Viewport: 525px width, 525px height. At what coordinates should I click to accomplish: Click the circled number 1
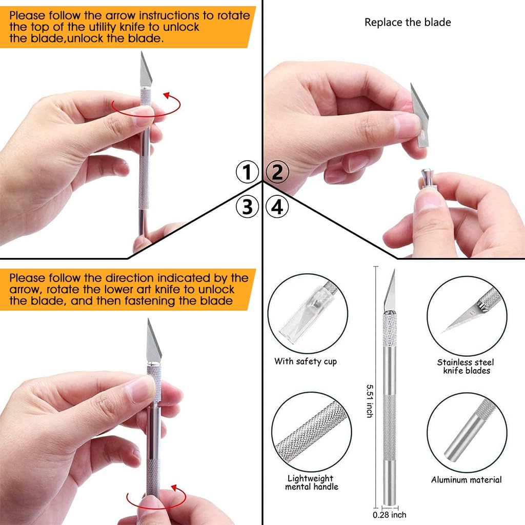[247, 172]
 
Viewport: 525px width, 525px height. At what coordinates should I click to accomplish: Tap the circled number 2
[277, 172]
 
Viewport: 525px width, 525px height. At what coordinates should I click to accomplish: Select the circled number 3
[247, 207]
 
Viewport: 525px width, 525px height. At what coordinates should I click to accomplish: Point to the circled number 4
[277, 207]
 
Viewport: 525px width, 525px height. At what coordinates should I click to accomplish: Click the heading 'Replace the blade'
[408, 23]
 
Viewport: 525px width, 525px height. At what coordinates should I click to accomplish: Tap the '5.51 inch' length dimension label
[370, 401]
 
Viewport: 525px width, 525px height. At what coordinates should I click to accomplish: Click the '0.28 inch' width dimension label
[390, 515]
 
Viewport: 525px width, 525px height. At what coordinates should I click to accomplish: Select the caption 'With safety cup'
[306, 361]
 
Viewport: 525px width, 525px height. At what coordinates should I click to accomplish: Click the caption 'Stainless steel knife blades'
[466, 366]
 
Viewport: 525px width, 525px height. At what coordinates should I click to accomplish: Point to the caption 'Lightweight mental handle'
[311, 482]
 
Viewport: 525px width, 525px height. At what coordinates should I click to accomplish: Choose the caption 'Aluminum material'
[466, 480]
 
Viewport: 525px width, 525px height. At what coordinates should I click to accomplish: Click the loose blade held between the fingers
[420, 115]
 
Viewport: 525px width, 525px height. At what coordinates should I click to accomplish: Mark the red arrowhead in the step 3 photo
[174, 488]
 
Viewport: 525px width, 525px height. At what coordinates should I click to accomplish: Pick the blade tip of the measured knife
[394, 269]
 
